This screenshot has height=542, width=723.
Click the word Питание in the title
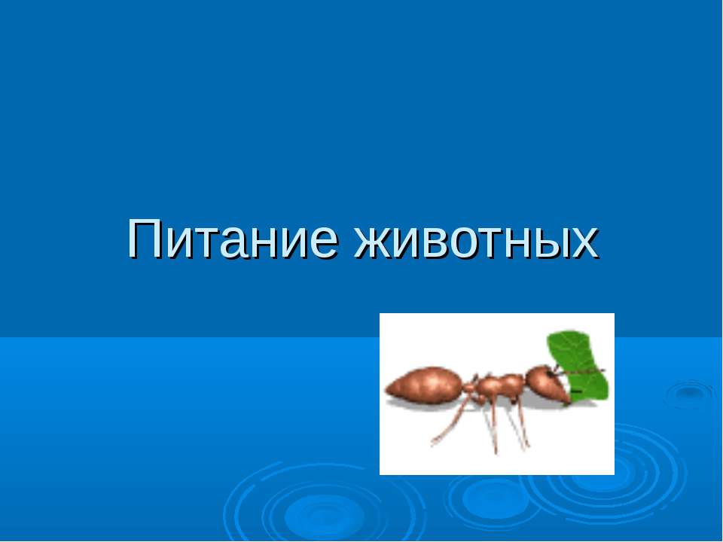click(x=226, y=239)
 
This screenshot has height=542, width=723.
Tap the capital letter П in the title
click(x=144, y=239)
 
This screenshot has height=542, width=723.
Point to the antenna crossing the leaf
click(x=584, y=371)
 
